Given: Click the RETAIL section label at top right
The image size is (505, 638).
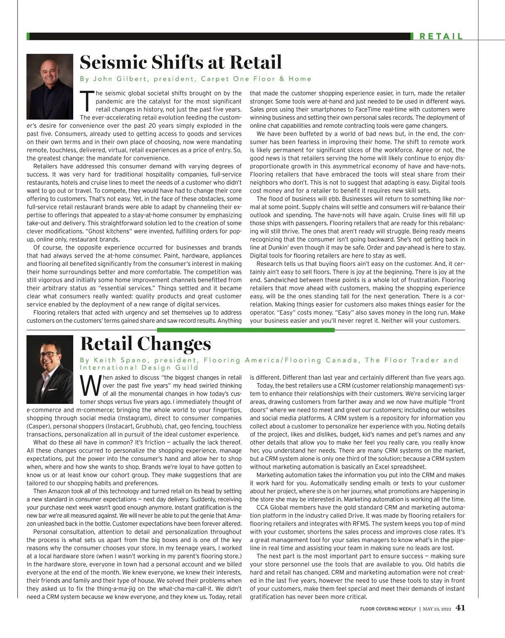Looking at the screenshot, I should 441,37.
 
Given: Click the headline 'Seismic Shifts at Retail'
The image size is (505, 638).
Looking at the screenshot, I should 181,63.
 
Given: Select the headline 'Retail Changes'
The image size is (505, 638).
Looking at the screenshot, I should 145,344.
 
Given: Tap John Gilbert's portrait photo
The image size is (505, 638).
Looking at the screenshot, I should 50,82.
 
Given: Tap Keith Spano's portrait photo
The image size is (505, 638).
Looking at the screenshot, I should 50,364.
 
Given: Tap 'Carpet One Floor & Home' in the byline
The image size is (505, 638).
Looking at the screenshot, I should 256,79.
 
